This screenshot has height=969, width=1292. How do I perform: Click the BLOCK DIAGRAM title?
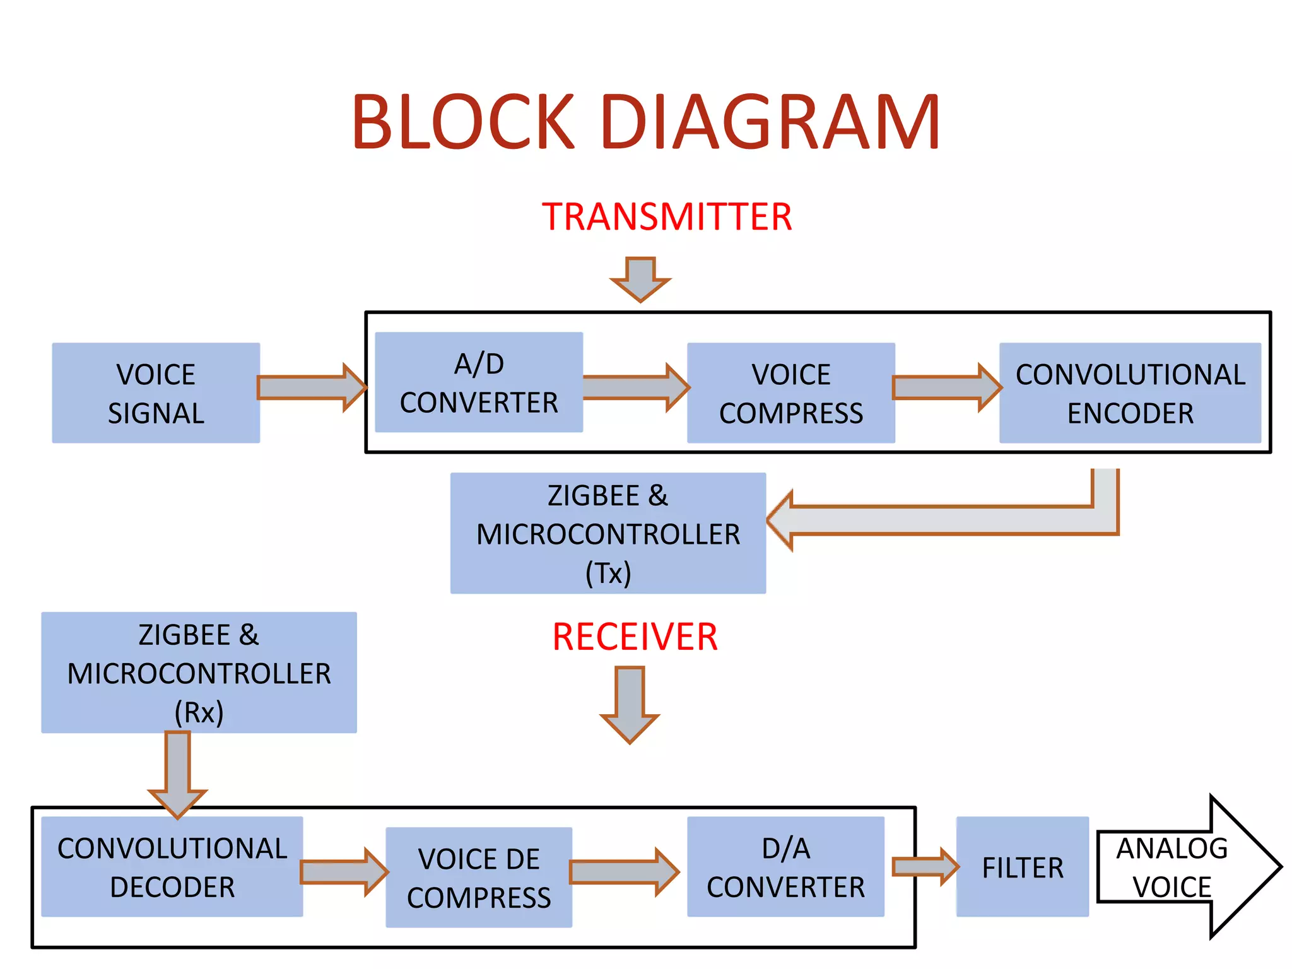(646, 121)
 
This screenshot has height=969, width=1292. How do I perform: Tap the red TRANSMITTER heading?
(667, 216)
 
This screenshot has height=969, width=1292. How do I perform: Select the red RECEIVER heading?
(635, 637)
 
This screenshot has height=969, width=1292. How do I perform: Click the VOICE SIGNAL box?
(156, 393)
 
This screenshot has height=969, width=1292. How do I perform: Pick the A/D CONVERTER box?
(479, 382)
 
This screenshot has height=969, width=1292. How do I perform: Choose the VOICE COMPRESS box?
(790, 393)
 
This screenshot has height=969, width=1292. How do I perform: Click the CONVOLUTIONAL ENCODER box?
(1130, 393)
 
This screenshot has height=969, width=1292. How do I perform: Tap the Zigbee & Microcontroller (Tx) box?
(608, 533)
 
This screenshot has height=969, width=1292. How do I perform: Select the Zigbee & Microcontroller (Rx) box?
(199, 672)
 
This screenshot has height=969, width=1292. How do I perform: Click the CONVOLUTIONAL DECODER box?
(172, 867)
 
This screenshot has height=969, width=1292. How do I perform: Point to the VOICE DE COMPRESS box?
(479, 878)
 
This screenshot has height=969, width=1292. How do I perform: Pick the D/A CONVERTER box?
(785, 867)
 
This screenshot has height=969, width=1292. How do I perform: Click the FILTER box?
(1022, 867)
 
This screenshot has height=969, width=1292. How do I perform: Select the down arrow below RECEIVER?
(630, 703)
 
